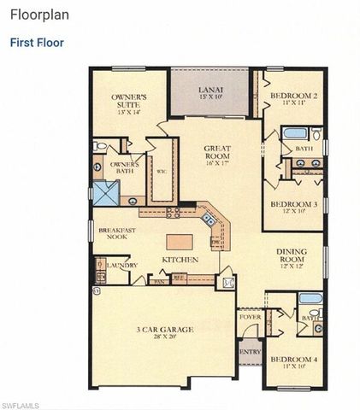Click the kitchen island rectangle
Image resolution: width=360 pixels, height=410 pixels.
[x=180, y=240]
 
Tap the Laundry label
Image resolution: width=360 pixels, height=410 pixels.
[x=123, y=265]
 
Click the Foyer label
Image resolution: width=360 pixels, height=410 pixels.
[x=249, y=317]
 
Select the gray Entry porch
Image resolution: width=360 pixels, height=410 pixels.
[x=249, y=352]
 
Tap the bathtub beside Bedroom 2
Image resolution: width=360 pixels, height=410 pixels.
[x=294, y=133]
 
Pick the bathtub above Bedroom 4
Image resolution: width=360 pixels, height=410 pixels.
[x=310, y=298]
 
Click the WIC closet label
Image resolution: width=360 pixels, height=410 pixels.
[x=161, y=170]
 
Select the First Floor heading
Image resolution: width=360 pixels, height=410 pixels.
[x=37, y=42]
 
